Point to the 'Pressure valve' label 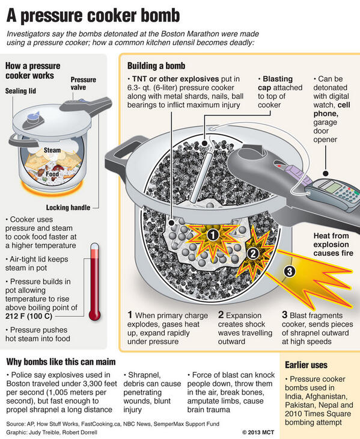pos(84,84)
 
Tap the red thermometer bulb pos(94,313)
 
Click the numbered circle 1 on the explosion pos(213,236)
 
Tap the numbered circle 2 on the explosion pos(253,253)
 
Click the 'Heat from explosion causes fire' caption pos(331,245)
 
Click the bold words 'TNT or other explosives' pos(174,79)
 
